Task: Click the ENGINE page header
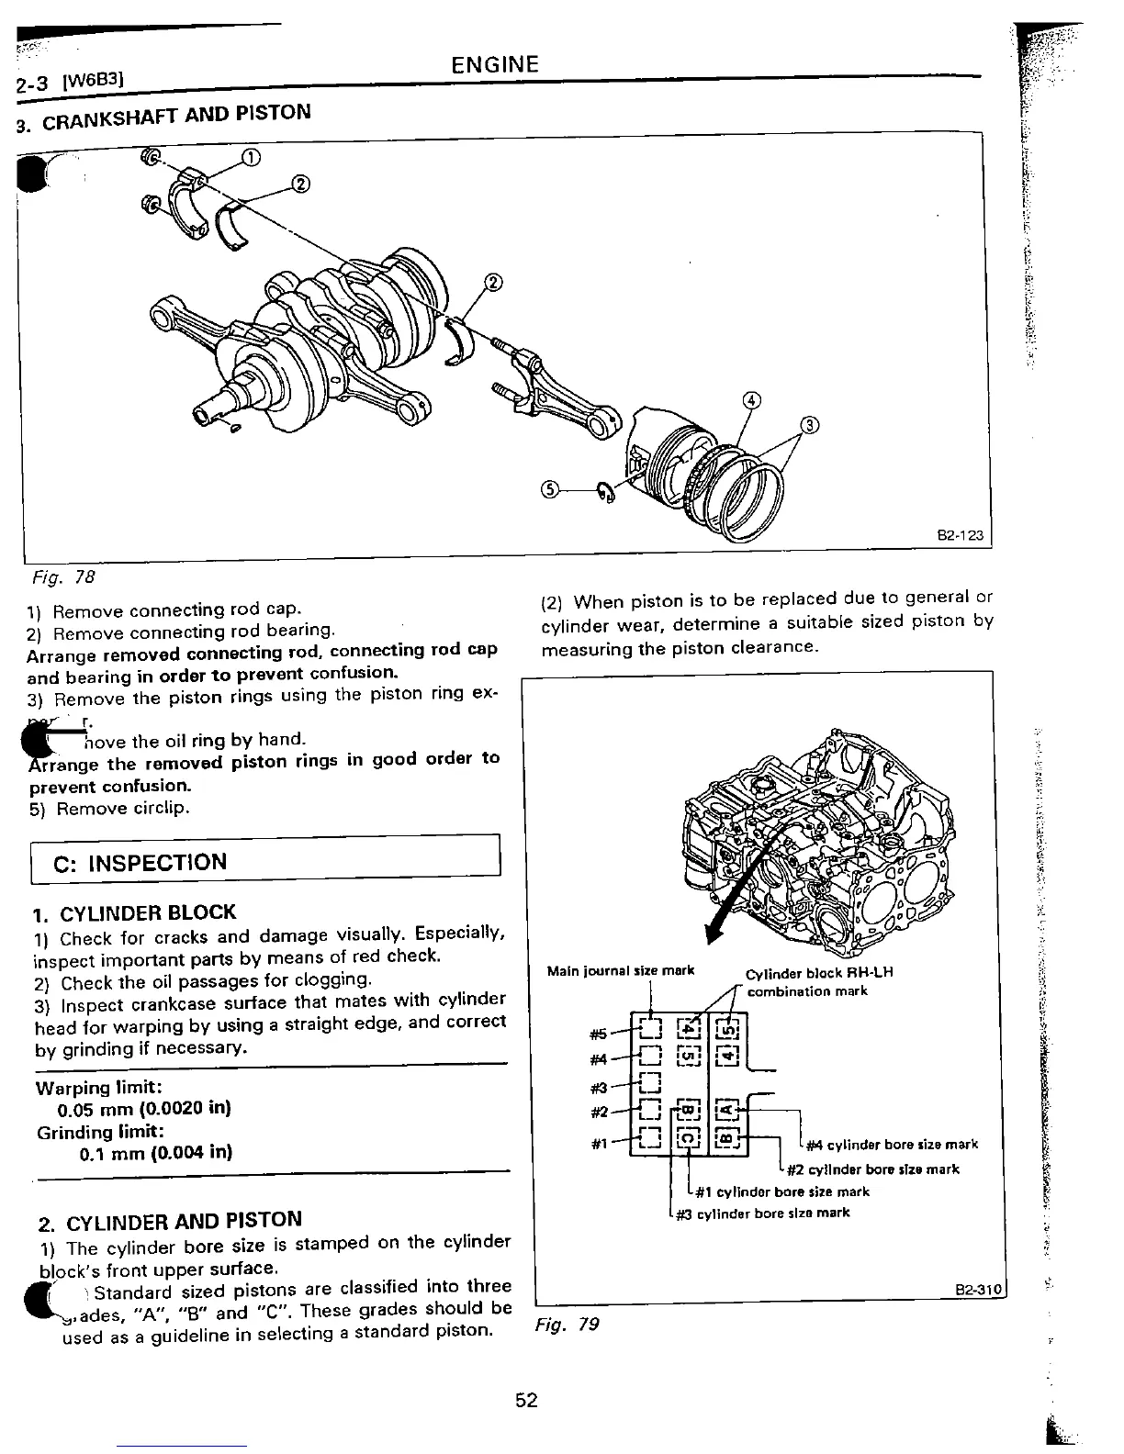click(495, 64)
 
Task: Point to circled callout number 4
click(751, 400)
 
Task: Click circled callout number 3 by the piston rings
click(808, 424)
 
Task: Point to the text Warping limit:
click(98, 1088)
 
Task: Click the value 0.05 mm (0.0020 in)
click(143, 1108)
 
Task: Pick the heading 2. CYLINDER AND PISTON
click(171, 1223)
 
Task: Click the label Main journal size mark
click(620, 970)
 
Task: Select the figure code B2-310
click(981, 1289)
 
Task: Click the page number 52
click(525, 1400)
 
